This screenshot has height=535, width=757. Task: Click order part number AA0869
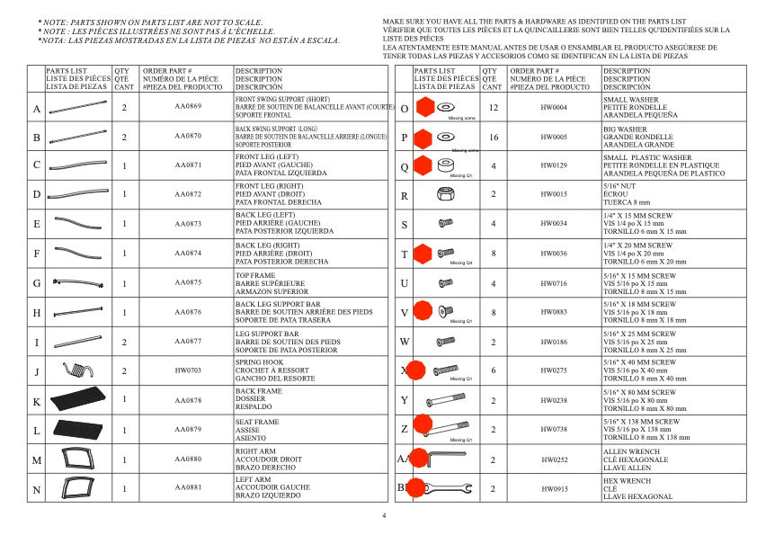point(188,108)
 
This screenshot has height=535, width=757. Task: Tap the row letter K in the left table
point(36,401)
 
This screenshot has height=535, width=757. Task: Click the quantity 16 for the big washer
point(493,138)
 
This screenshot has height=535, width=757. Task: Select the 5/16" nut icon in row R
point(443,195)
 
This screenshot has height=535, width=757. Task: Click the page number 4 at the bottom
point(384,515)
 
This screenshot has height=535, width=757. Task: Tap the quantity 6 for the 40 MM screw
point(493,370)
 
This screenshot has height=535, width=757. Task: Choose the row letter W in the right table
point(405,342)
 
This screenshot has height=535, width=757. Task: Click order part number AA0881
point(188,488)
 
